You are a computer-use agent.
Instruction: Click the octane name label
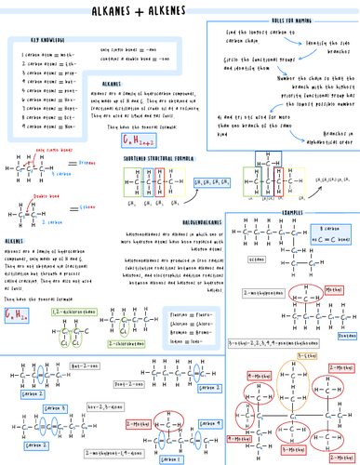(257, 259)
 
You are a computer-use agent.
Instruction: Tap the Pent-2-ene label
(127, 382)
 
